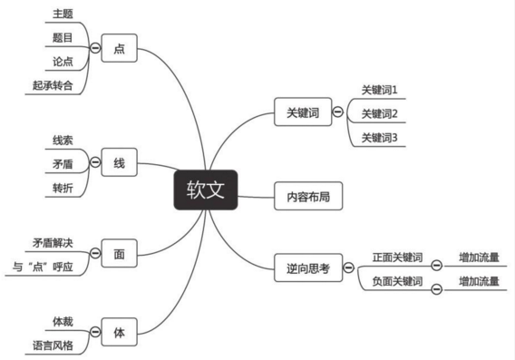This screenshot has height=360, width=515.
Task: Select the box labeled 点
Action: tap(119, 49)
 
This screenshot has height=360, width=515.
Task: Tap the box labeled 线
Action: tap(119, 163)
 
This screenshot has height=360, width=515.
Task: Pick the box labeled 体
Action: tap(119, 332)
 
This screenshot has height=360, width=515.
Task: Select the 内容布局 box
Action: tap(309, 195)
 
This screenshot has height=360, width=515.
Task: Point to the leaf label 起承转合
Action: tap(52, 85)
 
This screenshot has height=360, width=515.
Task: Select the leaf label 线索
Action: tap(62, 140)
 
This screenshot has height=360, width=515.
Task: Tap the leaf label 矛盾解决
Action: tap(52, 243)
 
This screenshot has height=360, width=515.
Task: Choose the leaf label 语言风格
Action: tap(52, 345)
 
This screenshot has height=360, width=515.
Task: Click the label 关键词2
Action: tap(379, 113)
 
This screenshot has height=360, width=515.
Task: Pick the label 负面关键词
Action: tap(397, 281)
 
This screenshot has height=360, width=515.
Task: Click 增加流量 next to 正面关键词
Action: tap(479, 257)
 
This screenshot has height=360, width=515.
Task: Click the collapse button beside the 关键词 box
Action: tap(337, 113)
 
